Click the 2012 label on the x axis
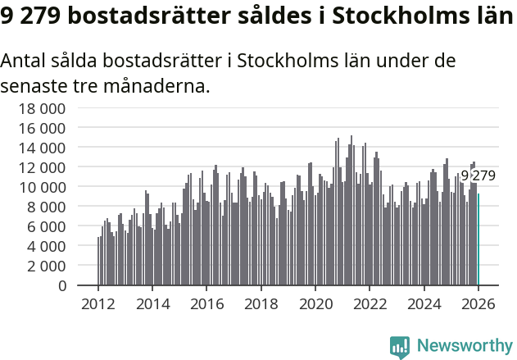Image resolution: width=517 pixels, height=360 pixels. pos(98,303)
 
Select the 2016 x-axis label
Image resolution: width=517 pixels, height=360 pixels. pos(207,303)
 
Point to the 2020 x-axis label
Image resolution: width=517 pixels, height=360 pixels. pos(316,303)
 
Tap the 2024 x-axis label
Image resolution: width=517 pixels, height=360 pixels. pos(425,303)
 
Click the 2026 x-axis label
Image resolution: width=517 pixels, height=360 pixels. pos(479,303)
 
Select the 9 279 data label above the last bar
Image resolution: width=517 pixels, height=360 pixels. pos(478,175)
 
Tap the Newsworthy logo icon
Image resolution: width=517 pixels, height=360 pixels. pos(400,347)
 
